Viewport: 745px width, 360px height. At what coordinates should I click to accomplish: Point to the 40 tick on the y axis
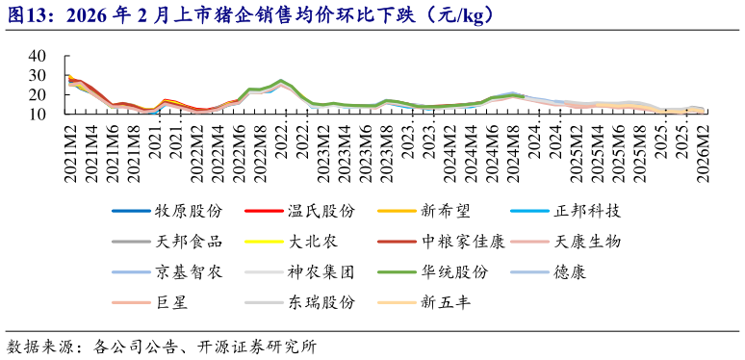click(37, 57)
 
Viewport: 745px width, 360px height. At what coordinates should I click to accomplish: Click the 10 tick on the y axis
click(37, 114)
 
